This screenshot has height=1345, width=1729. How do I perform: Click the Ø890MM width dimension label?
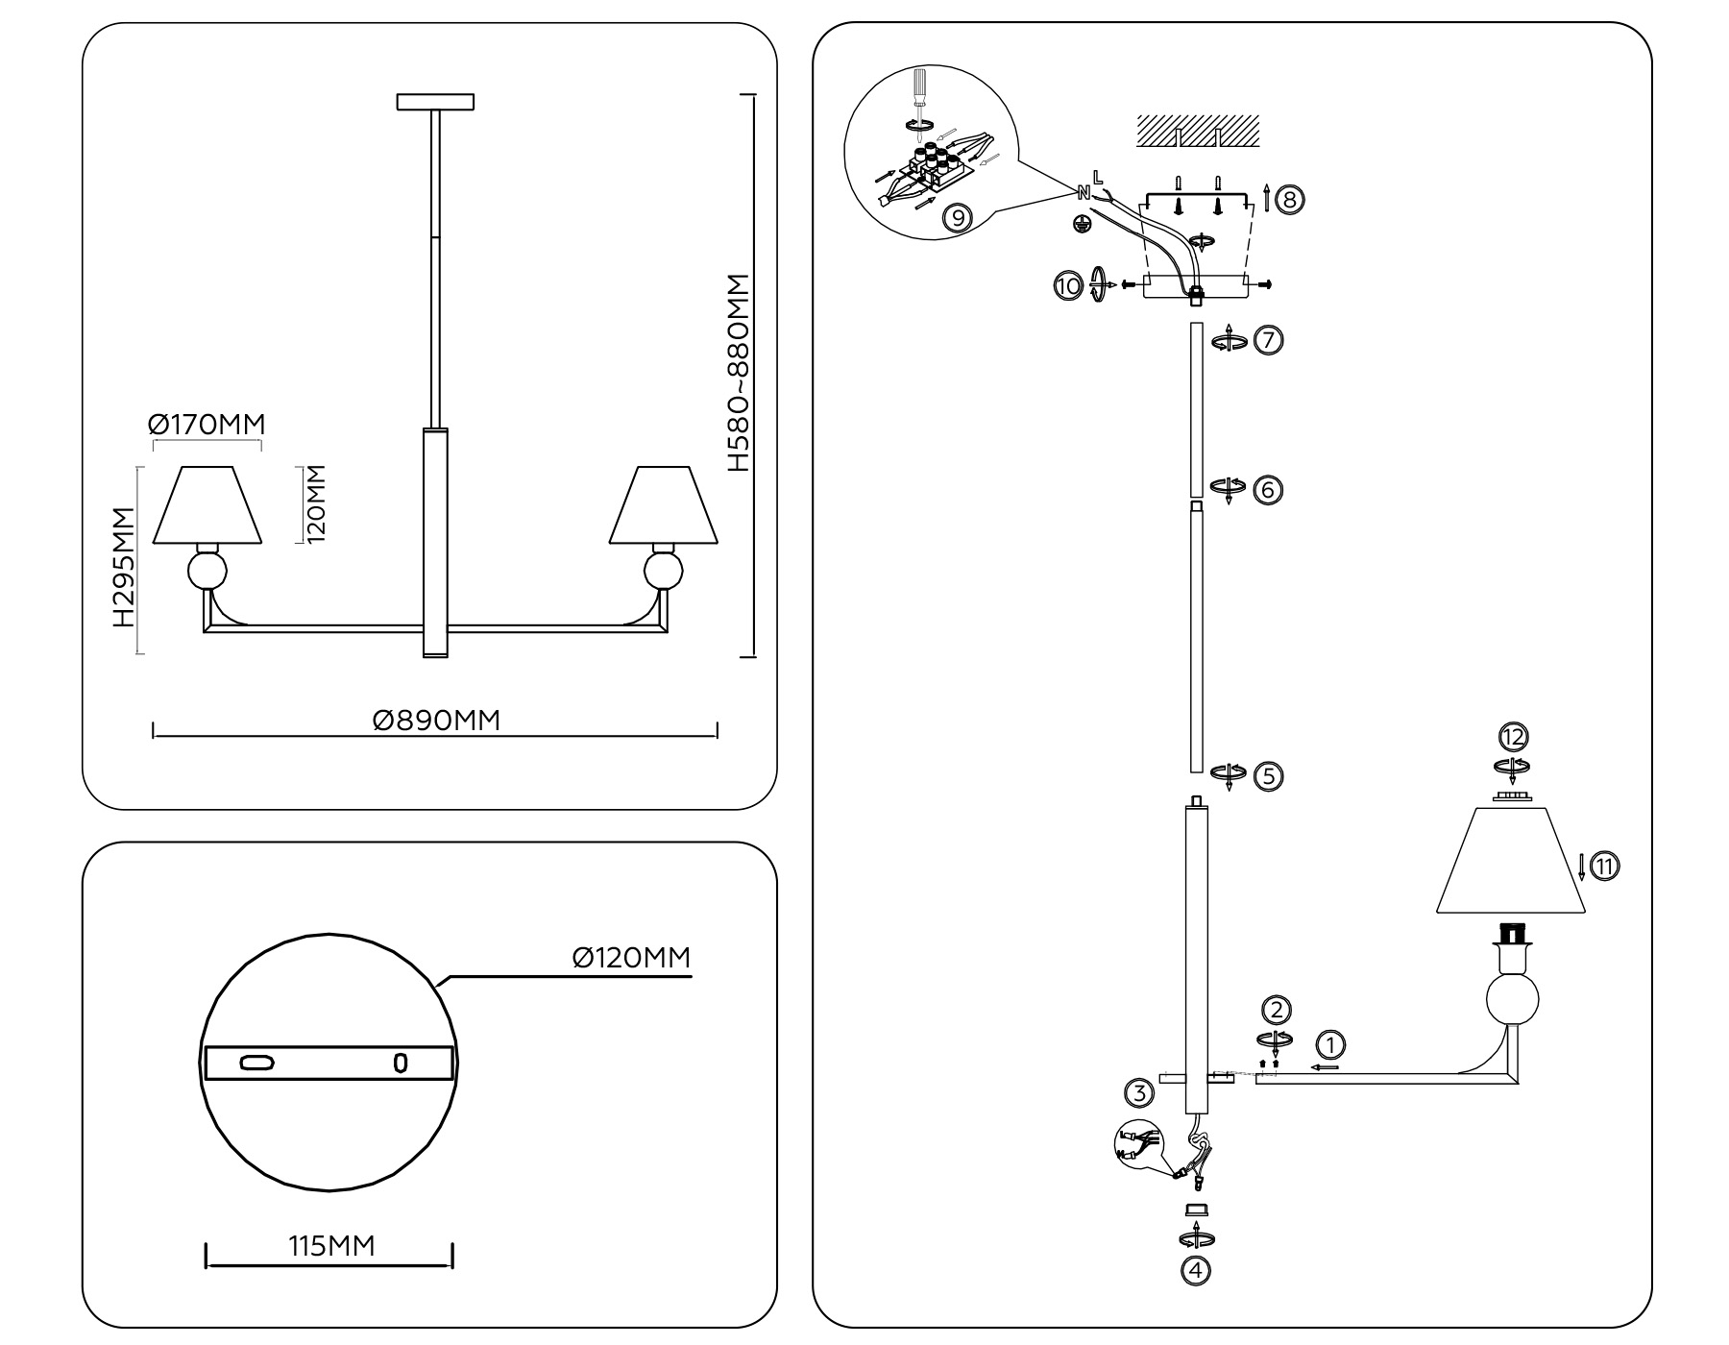tap(437, 721)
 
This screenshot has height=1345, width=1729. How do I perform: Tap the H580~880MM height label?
tap(738, 373)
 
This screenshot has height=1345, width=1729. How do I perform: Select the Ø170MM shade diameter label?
tap(207, 424)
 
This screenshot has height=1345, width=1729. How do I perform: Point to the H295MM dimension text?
tap(122, 568)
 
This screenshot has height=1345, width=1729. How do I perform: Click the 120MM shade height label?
tap(317, 504)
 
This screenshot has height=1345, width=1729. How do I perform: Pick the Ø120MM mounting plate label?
tap(631, 958)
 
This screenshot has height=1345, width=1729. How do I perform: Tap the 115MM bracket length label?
tap(331, 1246)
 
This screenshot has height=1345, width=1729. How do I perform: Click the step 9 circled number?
tap(957, 219)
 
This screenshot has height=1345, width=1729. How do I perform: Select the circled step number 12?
tap(1514, 738)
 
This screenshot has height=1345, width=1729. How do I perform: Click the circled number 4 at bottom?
tap(1195, 1271)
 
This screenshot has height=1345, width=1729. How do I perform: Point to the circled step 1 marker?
tap(1330, 1044)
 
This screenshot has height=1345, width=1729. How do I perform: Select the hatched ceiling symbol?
tap(1197, 131)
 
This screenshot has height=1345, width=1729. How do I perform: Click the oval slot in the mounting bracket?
tap(257, 1063)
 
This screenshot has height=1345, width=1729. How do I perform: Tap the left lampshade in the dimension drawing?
tap(207, 505)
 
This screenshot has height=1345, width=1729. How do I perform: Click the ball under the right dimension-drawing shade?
tap(663, 571)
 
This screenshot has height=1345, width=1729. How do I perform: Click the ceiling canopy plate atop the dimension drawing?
tap(435, 101)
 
